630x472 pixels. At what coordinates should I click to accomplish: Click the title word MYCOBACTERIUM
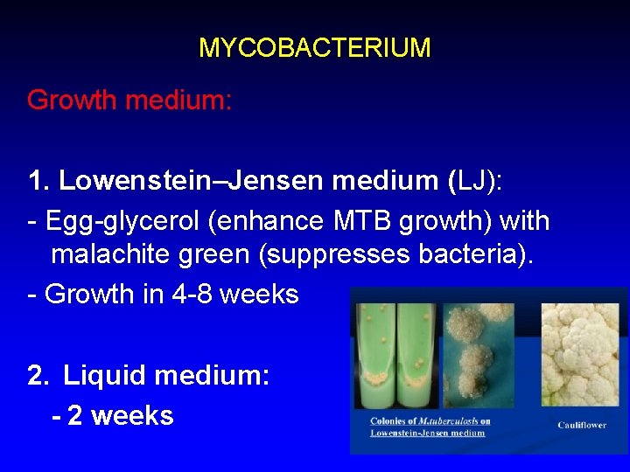[314, 47]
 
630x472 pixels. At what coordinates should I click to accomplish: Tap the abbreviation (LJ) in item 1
[475, 181]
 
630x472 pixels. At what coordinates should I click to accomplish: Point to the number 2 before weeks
[73, 414]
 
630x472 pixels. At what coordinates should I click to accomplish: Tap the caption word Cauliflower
[581, 425]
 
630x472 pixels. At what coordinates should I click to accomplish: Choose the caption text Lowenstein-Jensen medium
[427, 433]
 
